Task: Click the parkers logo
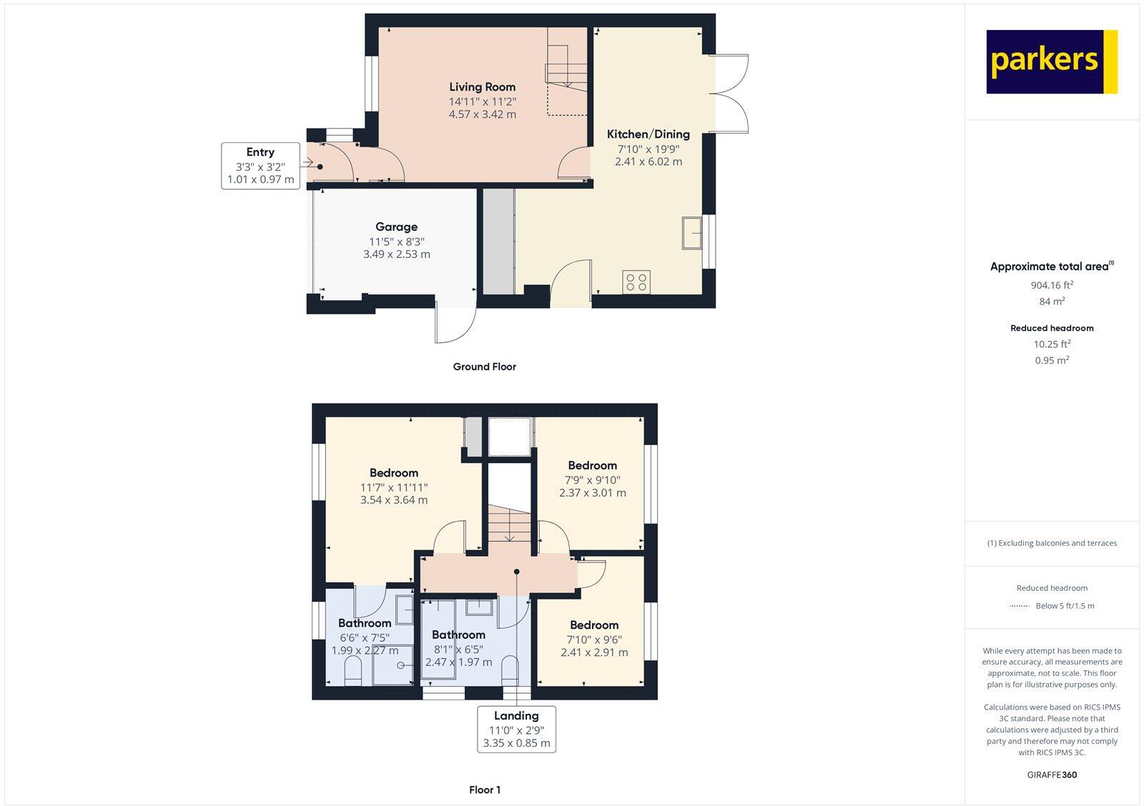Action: coord(1051,61)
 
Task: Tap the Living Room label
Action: coord(482,87)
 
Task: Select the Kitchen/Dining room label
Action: coord(648,134)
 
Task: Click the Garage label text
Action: coord(396,227)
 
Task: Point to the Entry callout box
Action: coord(260,166)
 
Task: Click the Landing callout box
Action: coord(516,729)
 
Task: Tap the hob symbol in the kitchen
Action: coord(636,282)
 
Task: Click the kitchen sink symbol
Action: coord(691,232)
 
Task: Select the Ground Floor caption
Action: coord(484,367)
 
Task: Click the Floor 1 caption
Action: coord(485,790)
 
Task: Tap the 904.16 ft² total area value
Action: coord(1052,284)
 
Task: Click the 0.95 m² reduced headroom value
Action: coord(1052,360)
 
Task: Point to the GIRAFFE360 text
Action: coord(1052,775)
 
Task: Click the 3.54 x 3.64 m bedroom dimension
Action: coord(394,500)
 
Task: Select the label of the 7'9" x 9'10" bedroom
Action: coord(592,466)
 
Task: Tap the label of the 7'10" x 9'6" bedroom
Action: coord(594,625)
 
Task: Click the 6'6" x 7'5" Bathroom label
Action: coord(365,623)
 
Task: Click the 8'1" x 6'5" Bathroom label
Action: coord(458,635)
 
